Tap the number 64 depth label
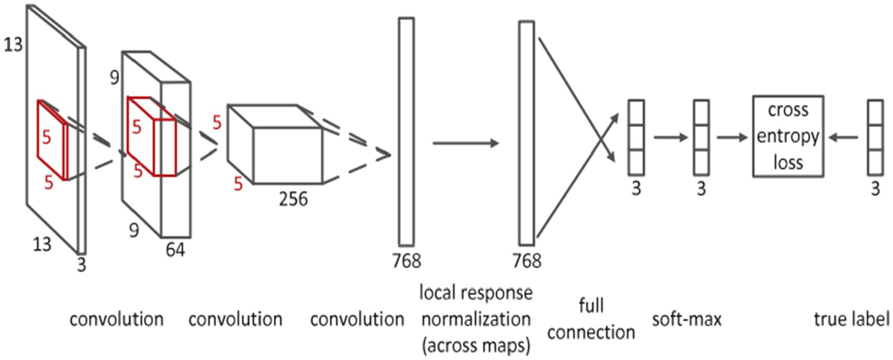click(x=175, y=251)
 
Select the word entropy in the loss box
click(x=788, y=137)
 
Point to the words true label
click(x=853, y=319)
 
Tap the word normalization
click(x=475, y=319)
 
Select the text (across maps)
click(x=475, y=345)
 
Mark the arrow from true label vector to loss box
click(x=846, y=138)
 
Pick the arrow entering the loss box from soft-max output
click(x=731, y=138)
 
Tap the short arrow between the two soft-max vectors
click(x=668, y=138)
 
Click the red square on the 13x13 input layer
click(x=53, y=140)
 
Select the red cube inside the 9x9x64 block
click(x=151, y=137)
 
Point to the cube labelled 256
click(x=275, y=144)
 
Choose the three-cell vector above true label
click(x=876, y=138)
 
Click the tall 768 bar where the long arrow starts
click(x=407, y=131)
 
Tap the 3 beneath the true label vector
click(x=876, y=190)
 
